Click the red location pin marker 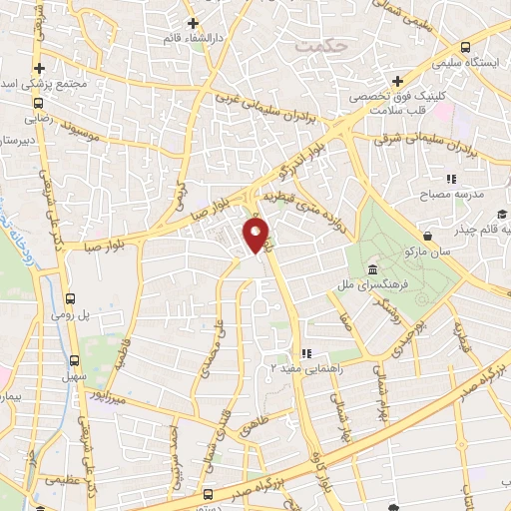click(x=256, y=235)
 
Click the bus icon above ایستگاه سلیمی click(x=466, y=47)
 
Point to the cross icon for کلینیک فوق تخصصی click(x=397, y=82)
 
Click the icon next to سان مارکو click(x=428, y=237)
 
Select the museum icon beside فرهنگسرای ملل click(x=372, y=270)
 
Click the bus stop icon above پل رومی click(x=70, y=298)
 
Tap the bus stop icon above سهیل click(x=75, y=361)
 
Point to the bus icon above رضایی click(x=38, y=102)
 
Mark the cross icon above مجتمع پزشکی click(x=41, y=68)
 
